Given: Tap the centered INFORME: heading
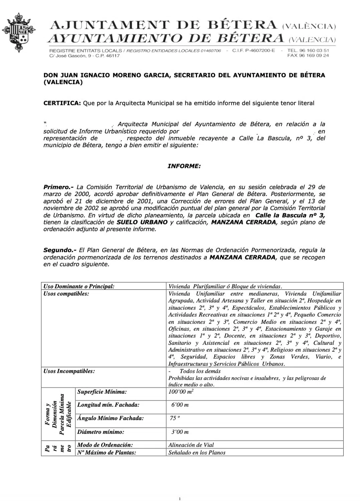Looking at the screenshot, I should click(x=184, y=166).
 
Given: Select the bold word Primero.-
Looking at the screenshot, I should click(x=58, y=187).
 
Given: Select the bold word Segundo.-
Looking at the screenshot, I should click(x=60, y=250).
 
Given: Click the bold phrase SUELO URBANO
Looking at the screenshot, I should click(x=142, y=222).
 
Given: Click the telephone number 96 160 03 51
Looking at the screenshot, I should click(x=316, y=50).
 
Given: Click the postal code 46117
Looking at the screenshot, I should click(x=113, y=56).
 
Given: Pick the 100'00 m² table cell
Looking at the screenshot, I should click(x=181, y=392).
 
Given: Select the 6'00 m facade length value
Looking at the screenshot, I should click(x=180, y=405).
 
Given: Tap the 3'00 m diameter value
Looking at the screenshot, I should click(x=180, y=432).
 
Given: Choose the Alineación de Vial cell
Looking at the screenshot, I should click(x=191, y=445).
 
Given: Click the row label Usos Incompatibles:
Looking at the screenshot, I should click(x=69, y=371).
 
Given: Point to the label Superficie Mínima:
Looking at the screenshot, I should click(x=102, y=392).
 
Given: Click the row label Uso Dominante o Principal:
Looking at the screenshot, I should click(x=79, y=286).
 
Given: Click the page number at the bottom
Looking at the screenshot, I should click(x=180, y=499).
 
